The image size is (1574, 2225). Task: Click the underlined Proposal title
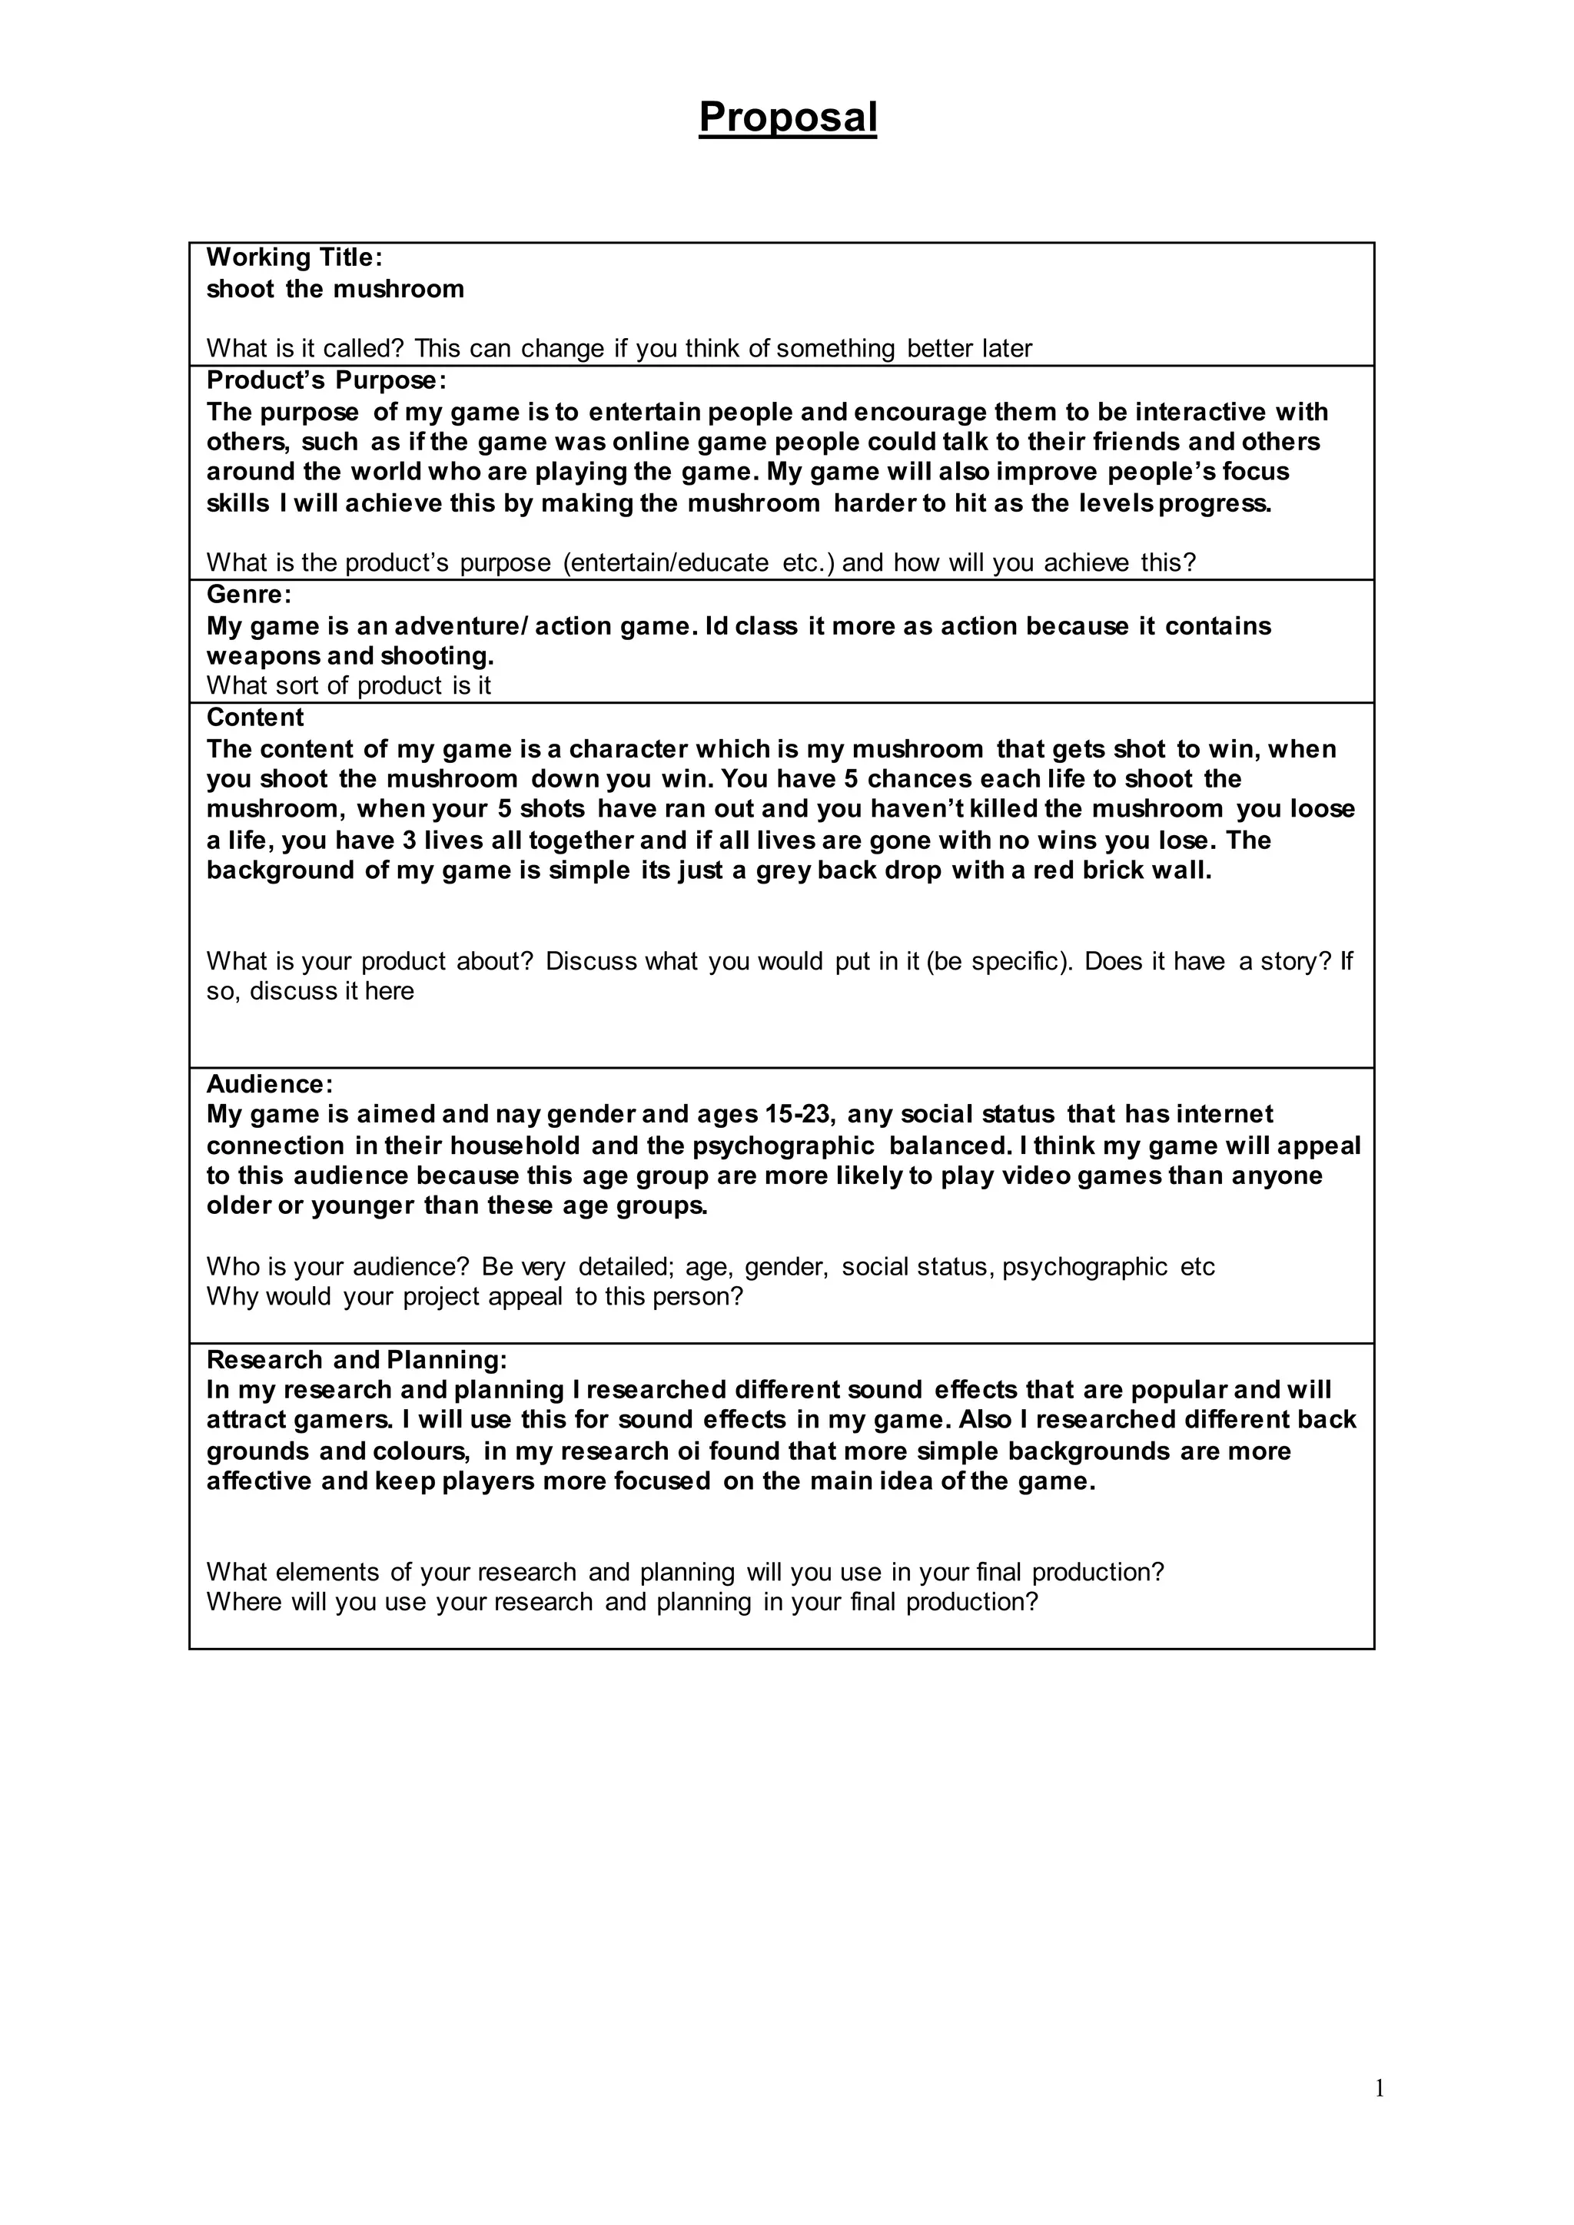click(787, 118)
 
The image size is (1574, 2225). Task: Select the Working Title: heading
click(294, 258)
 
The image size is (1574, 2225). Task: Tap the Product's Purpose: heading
click(327, 380)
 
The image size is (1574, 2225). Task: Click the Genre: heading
click(249, 594)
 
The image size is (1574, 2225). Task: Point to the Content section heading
click(255, 718)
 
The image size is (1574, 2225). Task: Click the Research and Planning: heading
click(357, 1360)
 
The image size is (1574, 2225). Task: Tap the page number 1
click(1378, 2088)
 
